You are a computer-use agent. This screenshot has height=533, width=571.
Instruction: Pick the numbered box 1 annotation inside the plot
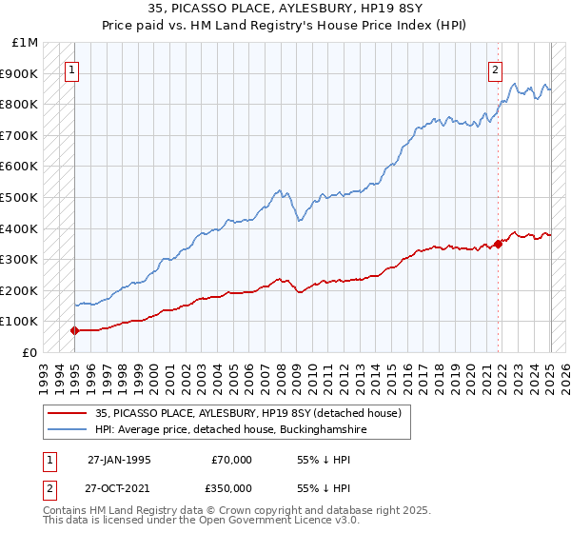click(x=73, y=68)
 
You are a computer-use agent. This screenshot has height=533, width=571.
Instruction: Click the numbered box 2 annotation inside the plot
click(x=496, y=68)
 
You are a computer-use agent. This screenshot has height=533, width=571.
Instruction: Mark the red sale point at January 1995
click(x=74, y=330)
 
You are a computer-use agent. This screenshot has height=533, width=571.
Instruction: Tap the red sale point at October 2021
click(x=498, y=244)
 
